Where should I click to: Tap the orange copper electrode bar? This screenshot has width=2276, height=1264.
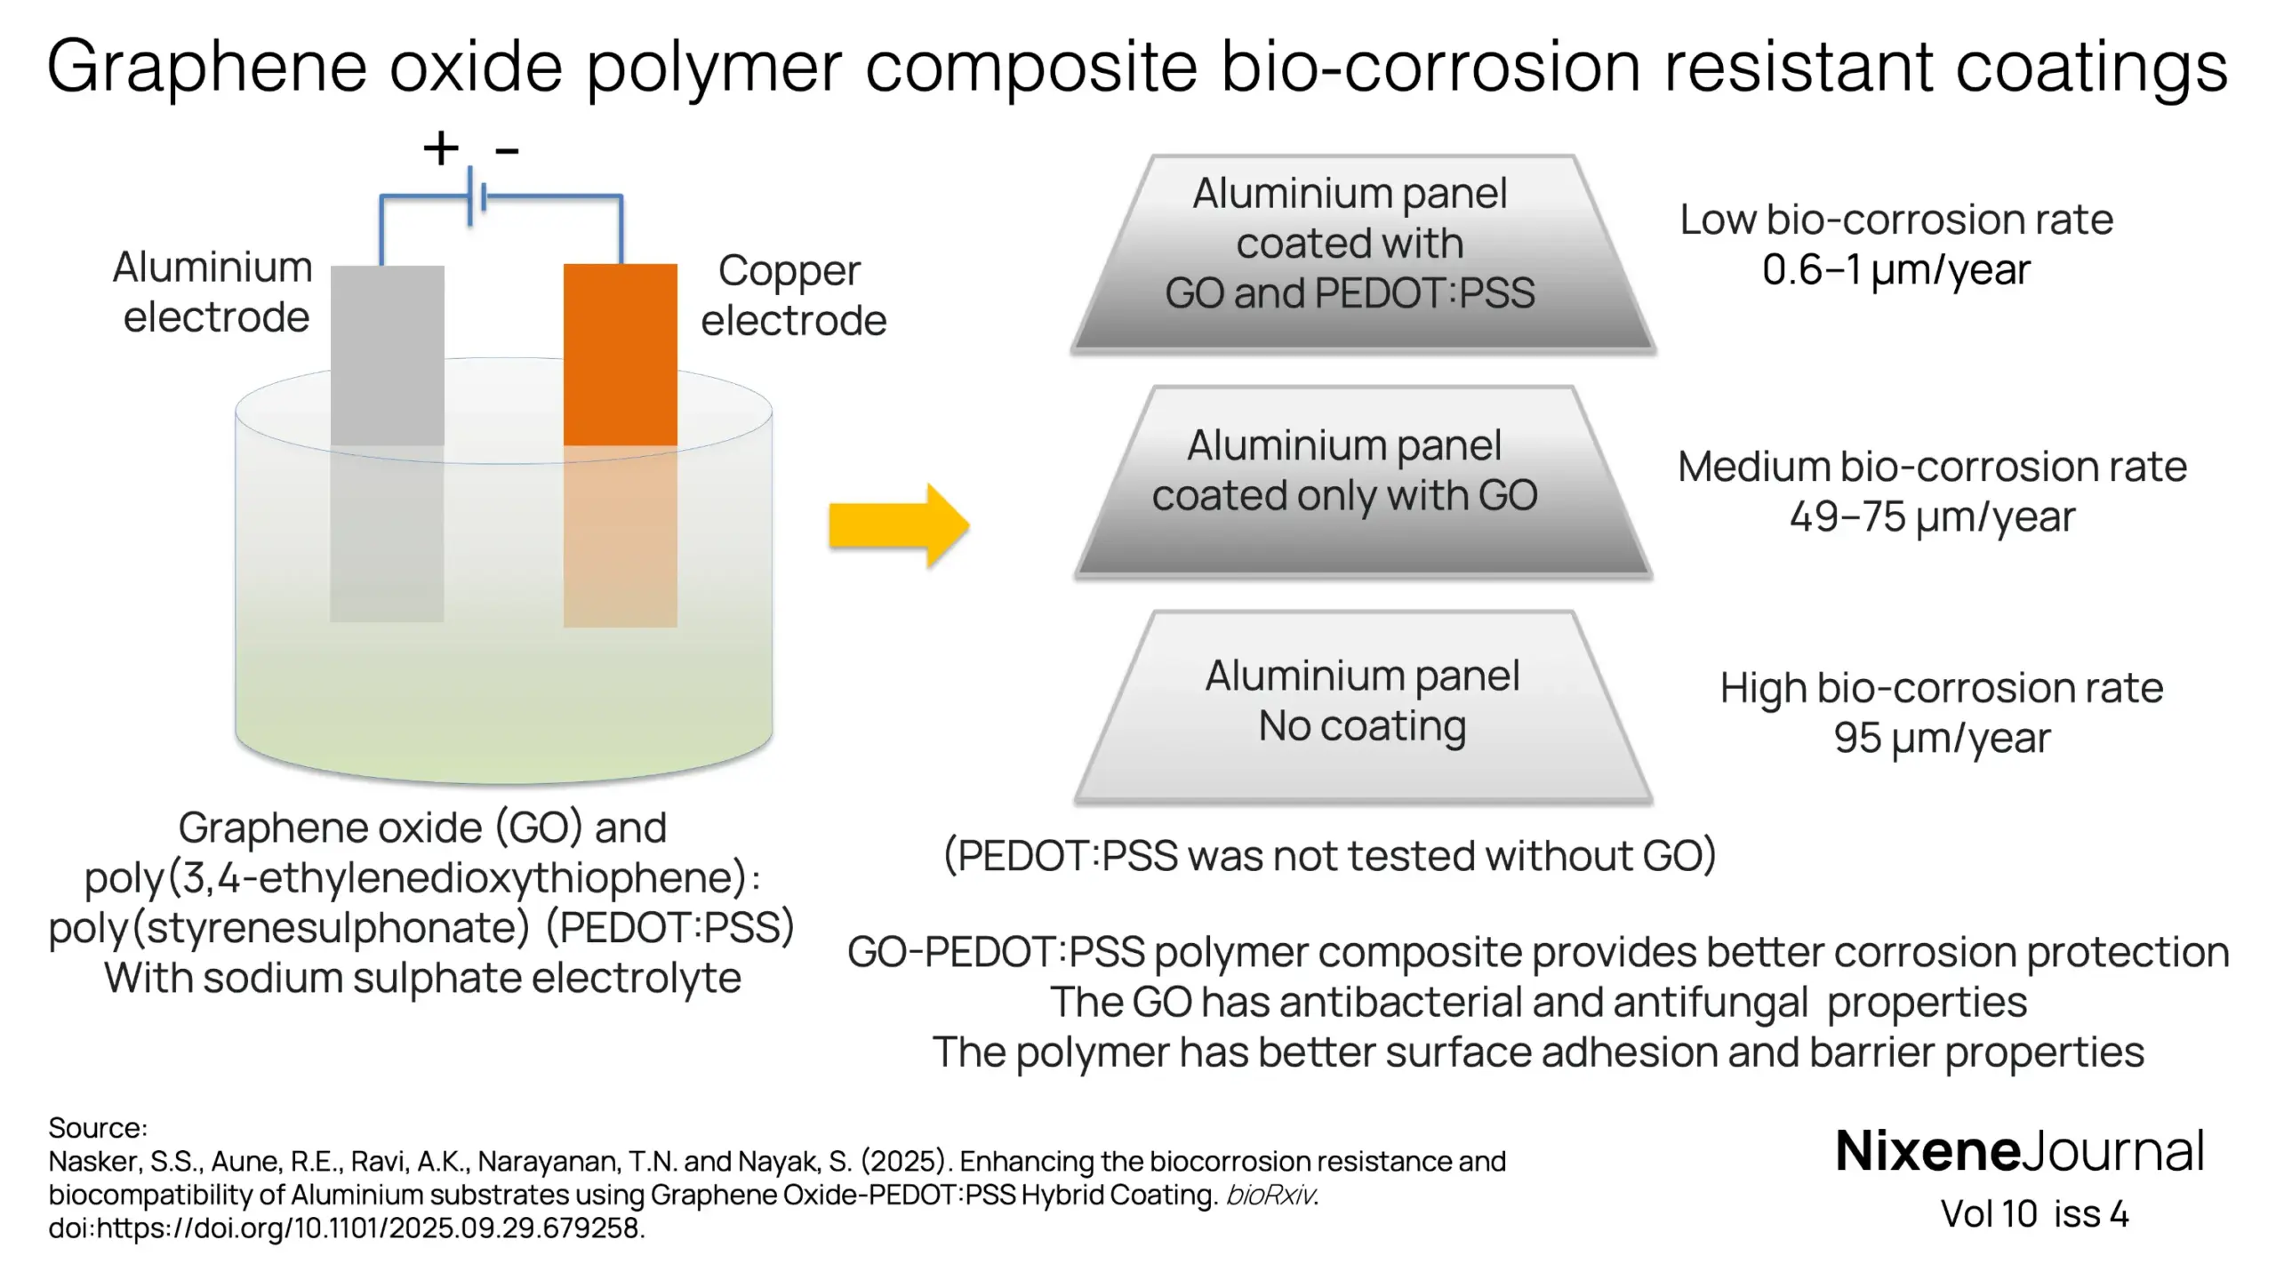(x=620, y=356)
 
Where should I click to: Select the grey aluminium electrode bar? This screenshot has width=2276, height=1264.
(x=387, y=356)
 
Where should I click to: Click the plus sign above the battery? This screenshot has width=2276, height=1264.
(x=441, y=148)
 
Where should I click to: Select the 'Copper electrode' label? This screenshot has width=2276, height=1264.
(x=793, y=295)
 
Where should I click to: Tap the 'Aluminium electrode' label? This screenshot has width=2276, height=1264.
(x=213, y=292)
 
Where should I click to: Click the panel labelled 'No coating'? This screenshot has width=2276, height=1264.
(x=1363, y=707)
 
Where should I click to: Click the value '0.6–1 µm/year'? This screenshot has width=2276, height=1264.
(x=1895, y=269)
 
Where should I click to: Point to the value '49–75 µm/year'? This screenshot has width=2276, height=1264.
(x=1931, y=516)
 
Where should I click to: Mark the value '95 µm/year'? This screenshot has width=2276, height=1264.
(x=1942, y=738)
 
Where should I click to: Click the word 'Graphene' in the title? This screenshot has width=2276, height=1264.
(x=206, y=66)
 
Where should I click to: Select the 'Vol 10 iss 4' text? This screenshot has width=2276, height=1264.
(x=2034, y=1214)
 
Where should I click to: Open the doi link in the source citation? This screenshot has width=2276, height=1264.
(x=347, y=1228)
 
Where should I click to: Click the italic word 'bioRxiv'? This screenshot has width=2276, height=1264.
(x=1270, y=1195)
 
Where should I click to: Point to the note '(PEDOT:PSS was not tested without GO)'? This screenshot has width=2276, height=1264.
(x=1329, y=855)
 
